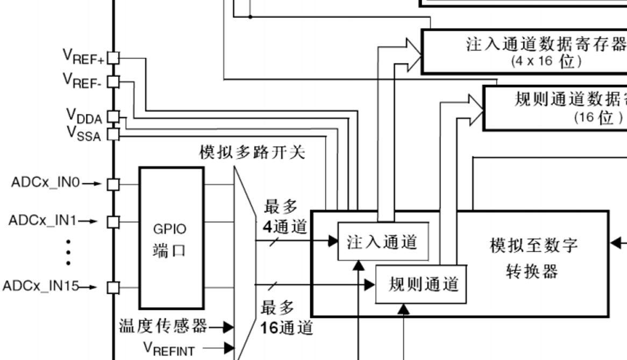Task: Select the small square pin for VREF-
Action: (113, 82)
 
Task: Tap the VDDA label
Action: (84, 116)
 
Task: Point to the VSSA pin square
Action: (113, 134)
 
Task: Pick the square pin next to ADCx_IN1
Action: (113, 221)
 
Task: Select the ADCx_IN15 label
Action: (41, 286)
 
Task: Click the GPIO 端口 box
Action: (171, 237)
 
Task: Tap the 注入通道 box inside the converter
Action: (383, 242)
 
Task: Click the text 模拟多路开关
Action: (253, 153)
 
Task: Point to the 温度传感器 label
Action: (163, 326)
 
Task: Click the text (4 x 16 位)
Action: (546, 60)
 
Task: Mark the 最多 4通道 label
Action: (284, 217)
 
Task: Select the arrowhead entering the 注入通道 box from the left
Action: (333, 241)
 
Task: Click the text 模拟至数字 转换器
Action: (533, 258)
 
